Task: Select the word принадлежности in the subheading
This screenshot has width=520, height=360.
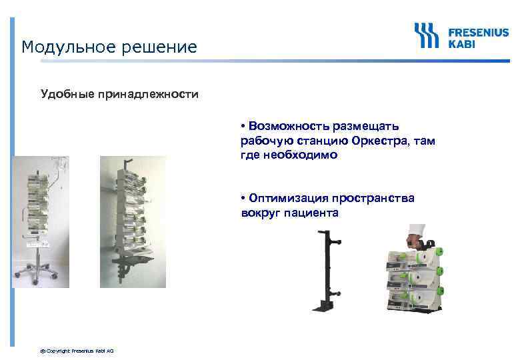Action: [x=148, y=94]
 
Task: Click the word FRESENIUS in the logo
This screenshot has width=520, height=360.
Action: [x=478, y=31]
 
